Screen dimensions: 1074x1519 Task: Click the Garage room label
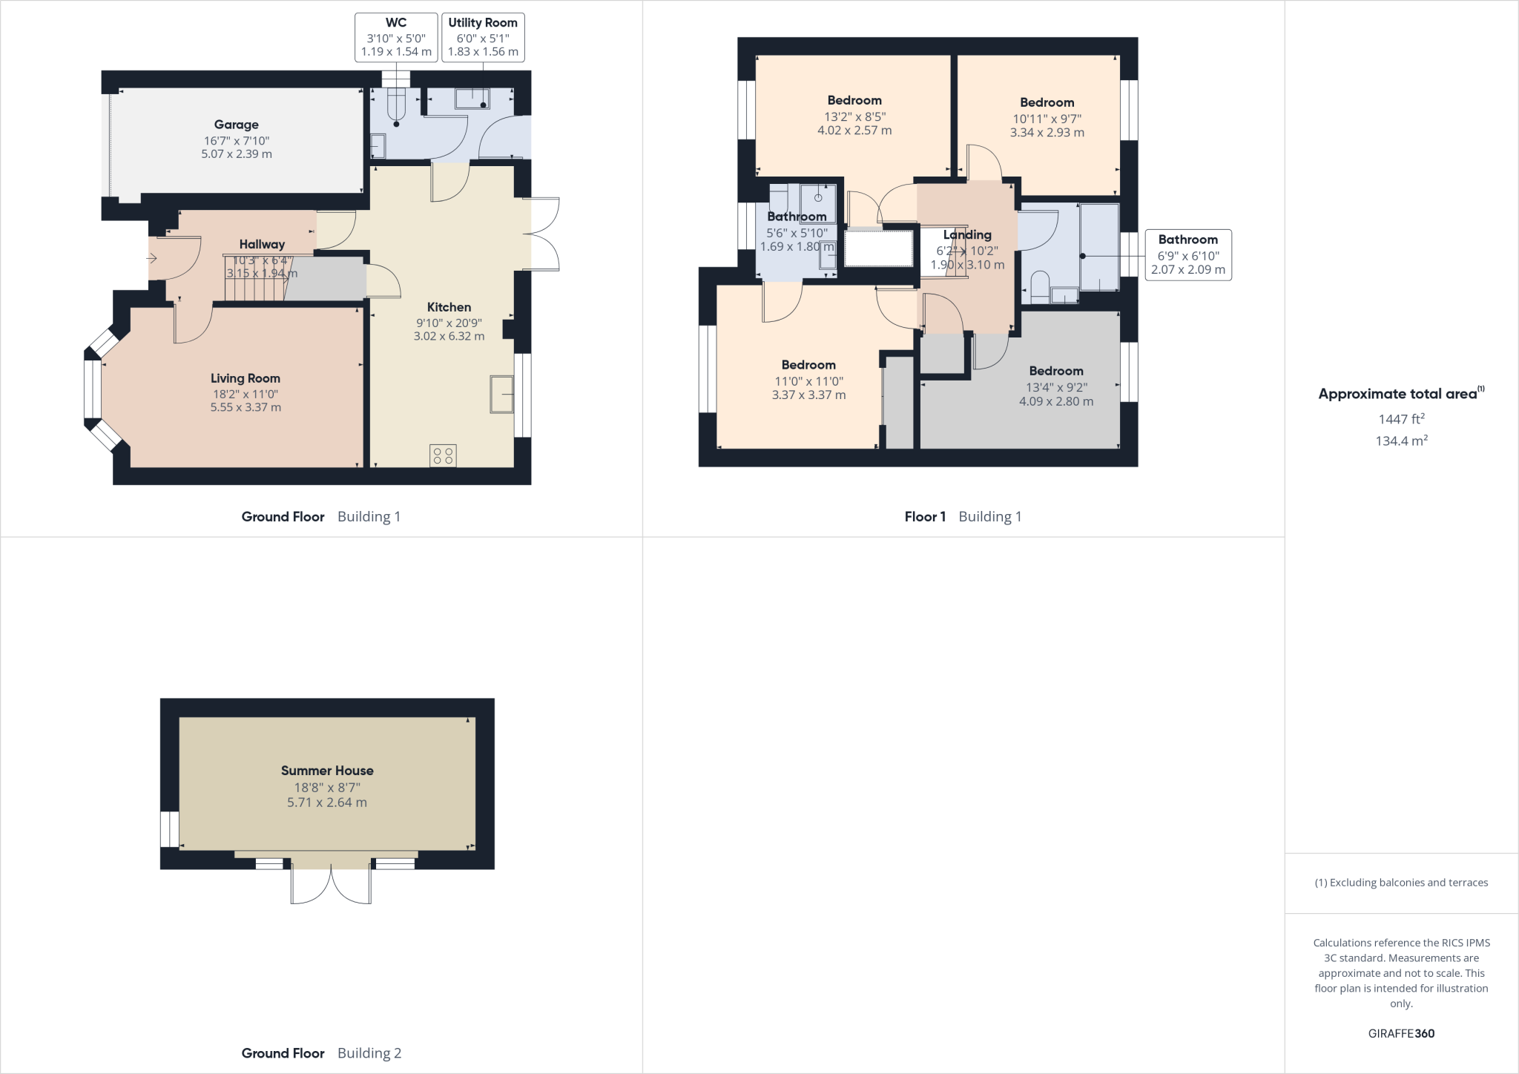tap(237, 125)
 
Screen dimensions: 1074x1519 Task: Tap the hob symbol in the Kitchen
tap(443, 455)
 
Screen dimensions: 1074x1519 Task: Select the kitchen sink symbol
tap(501, 394)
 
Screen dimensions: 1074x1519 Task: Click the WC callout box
tap(396, 37)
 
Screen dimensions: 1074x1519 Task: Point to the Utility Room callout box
tap(483, 37)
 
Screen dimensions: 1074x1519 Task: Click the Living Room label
tap(245, 378)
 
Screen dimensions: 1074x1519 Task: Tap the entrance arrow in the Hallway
tap(152, 259)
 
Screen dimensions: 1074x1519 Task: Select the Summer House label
tap(327, 771)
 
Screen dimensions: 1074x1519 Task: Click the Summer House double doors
tap(331, 883)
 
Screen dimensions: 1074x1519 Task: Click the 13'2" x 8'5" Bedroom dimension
tap(854, 116)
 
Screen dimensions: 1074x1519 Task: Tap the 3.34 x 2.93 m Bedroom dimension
tap(1047, 133)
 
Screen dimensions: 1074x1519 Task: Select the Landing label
tap(967, 234)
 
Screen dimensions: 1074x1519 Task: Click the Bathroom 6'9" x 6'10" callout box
tap(1187, 254)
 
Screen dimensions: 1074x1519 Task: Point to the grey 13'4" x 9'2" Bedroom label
tap(1055, 371)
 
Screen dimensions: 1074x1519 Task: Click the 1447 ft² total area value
tap(1401, 419)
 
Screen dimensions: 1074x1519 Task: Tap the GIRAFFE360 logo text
tap(1401, 1033)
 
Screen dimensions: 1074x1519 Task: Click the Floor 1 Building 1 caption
tap(963, 517)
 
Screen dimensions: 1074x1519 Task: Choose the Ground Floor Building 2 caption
tap(321, 1053)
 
